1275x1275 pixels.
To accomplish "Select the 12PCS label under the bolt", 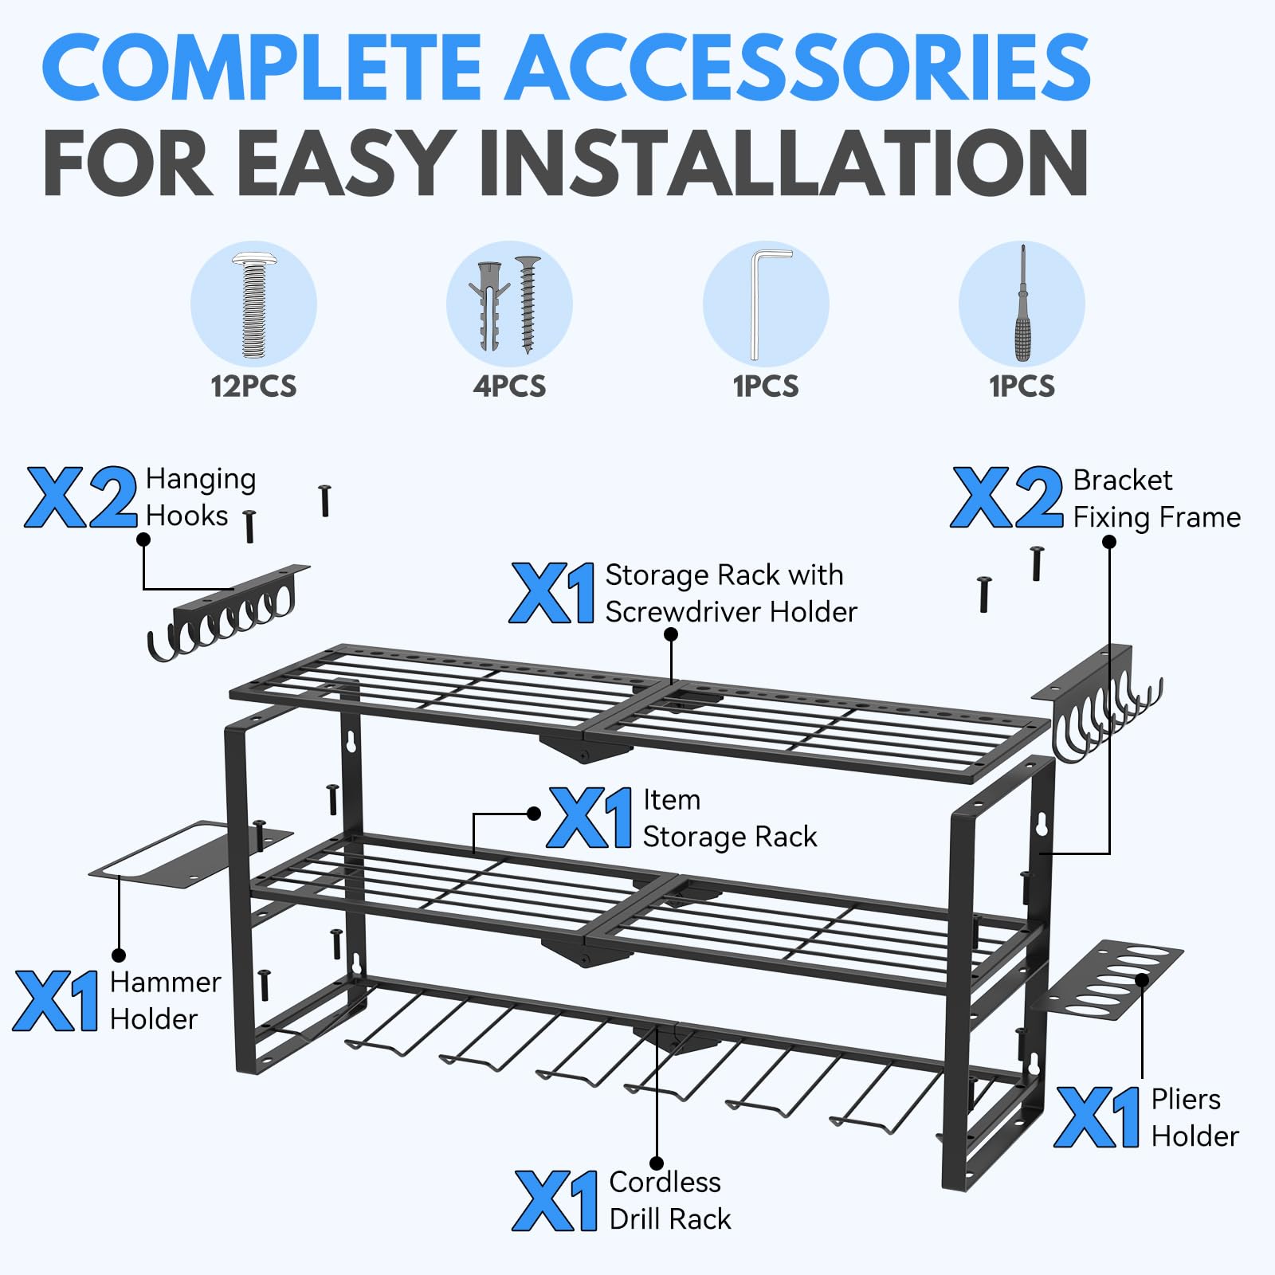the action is (x=253, y=386).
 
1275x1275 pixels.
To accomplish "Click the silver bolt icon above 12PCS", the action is (x=253, y=304).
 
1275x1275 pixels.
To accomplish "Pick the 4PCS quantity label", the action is (x=510, y=386).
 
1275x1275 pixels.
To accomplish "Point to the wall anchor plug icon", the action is (x=489, y=305).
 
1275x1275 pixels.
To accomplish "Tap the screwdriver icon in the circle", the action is (x=1023, y=304).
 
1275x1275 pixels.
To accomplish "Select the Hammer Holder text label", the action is (x=165, y=1000).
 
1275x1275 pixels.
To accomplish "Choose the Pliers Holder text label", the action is (x=1195, y=1117).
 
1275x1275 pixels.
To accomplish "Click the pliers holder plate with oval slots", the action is (x=1108, y=980).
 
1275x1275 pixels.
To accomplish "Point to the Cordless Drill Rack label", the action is (x=669, y=1200).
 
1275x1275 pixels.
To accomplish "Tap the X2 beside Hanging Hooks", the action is (x=81, y=497).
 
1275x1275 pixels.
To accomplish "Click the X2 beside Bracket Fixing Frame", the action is (x=1006, y=497).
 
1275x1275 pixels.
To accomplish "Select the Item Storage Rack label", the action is (x=729, y=818).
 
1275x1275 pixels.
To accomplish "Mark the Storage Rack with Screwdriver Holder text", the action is (x=731, y=593).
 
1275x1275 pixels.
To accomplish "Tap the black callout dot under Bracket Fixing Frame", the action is (x=1108, y=542).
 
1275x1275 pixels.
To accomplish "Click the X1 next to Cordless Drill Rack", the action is (x=555, y=1201).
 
